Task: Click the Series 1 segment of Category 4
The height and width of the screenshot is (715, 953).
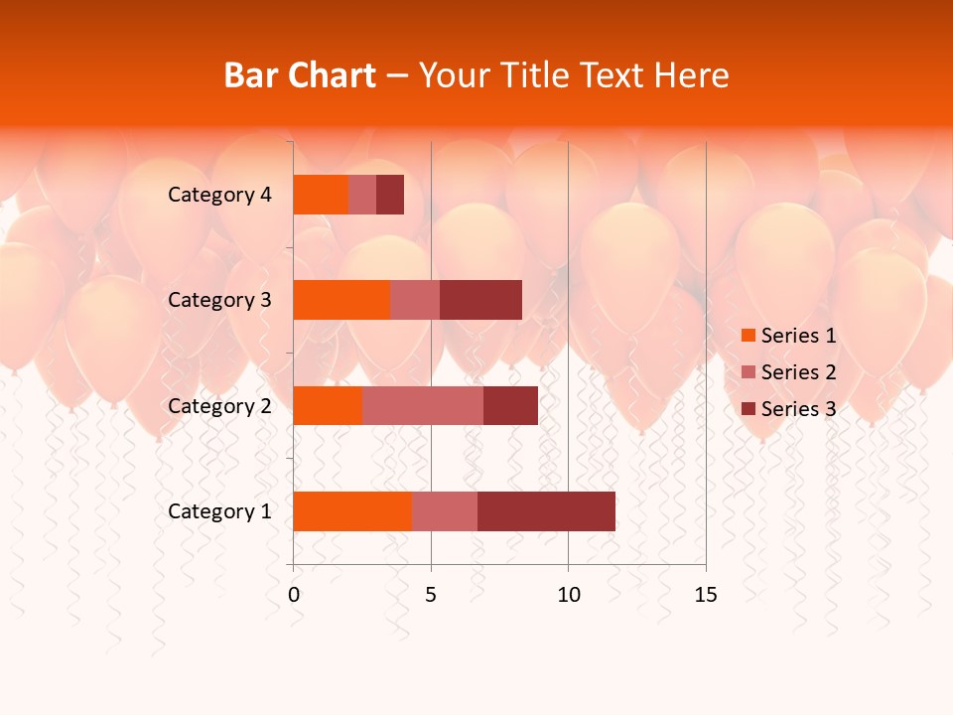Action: (x=321, y=195)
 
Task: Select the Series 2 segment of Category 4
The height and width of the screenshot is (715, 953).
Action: (x=362, y=195)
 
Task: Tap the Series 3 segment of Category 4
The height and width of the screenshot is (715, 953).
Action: (x=390, y=195)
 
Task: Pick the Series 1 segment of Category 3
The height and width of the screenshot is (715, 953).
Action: (x=341, y=300)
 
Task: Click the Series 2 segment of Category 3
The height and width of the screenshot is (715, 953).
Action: (x=415, y=300)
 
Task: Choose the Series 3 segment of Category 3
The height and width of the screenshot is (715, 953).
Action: (x=480, y=300)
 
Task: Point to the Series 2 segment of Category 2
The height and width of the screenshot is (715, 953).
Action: (x=423, y=405)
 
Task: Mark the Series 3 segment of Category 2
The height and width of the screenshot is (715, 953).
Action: (x=510, y=405)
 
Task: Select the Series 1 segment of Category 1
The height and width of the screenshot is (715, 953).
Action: (x=352, y=511)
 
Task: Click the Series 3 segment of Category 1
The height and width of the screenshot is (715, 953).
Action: (x=546, y=511)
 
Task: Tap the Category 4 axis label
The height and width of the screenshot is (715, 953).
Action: (x=219, y=195)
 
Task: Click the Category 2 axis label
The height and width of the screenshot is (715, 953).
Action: (x=219, y=405)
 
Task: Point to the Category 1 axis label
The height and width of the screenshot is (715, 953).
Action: (x=219, y=511)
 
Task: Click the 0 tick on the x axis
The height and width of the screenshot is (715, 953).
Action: (x=294, y=595)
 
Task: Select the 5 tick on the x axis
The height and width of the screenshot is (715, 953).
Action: (x=431, y=595)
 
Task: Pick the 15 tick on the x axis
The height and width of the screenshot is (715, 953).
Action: (x=705, y=595)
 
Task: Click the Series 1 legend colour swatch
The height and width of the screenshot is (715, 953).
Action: (x=749, y=336)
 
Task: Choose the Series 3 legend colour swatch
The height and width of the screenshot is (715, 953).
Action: (x=749, y=409)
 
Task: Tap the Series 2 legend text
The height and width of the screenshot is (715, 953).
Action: (x=798, y=372)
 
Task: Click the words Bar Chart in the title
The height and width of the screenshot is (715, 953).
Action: (x=300, y=75)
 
